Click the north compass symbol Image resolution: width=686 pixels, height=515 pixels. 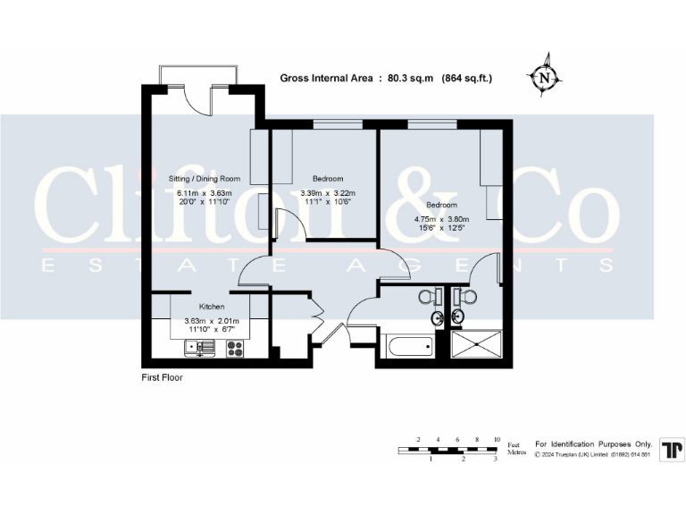(x=545, y=78)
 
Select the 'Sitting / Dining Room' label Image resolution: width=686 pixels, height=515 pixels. (x=207, y=179)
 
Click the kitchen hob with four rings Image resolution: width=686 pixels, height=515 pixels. (x=236, y=349)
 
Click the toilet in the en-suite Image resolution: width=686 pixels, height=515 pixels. (x=465, y=298)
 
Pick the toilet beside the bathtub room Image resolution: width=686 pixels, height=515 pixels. (x=429, y=298)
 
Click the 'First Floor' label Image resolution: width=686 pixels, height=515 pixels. (x=162, y=377)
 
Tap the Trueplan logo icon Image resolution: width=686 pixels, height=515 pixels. (x=671, y=450)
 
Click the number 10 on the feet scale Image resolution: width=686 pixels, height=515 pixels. (x=497, y=439)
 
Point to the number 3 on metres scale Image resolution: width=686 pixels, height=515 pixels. (x=496, y=459)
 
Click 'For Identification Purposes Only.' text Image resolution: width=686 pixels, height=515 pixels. (x=593, y=444)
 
